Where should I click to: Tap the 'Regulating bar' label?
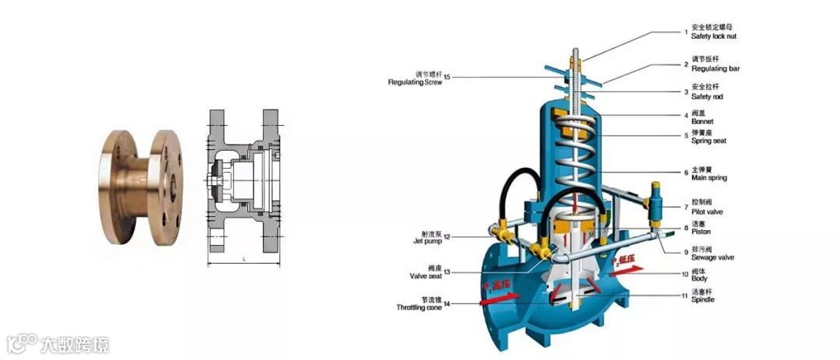point(715,69)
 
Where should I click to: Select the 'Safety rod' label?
point(707,96)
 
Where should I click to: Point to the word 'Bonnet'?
point(702,122)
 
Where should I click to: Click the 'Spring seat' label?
point(709,141)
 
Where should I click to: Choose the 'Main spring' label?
point(709,178)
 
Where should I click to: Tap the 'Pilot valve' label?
point(708,211)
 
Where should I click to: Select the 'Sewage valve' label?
point(712,257)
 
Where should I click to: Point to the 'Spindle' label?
point(702,299)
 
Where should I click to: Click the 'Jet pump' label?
point(427,241)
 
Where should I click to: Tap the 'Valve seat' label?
point(425,276)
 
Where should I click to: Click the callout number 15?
point(447,76)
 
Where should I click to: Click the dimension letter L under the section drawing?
point(245,258)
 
